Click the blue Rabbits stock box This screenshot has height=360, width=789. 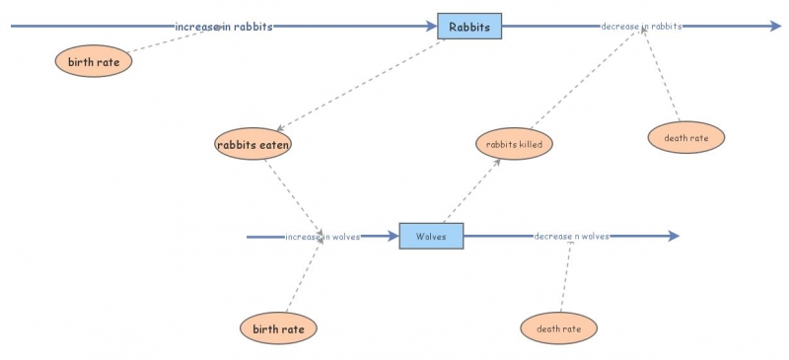click(x=469, y=27)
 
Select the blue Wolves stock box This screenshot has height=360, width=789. click(x=431, y=237)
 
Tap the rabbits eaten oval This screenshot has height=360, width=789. click(x=253, y=144)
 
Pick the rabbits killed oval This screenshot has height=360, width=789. click(x=514, y=144)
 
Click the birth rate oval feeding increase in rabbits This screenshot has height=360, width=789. click(x=94, y=61)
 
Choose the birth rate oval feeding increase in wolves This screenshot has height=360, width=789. click(x=279, y=327)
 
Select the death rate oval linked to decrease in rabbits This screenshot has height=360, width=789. click(x=686, y=138)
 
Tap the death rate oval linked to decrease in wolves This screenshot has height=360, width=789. click(x=558, y=327)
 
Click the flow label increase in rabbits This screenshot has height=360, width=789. click(x=224, y=27)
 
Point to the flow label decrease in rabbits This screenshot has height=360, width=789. click(x=641, y=27)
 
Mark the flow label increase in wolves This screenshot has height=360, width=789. click(x=323, y=237)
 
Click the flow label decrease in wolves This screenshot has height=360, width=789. click(x=571, y=237)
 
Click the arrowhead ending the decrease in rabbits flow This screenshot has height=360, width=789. click(x=774, y=27)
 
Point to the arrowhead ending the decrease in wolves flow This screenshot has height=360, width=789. click(x=673, y=237)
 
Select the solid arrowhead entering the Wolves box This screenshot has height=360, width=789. click(x=392, y=237)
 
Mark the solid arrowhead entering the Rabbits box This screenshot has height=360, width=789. click(x=430, y=27)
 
